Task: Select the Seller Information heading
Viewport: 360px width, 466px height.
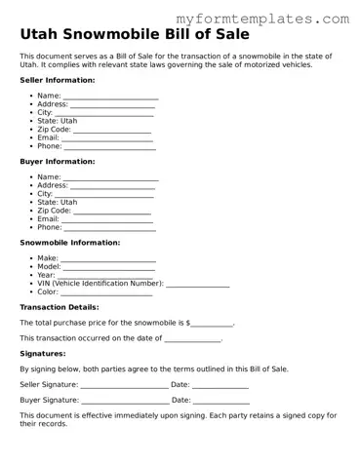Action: (x=58, y=80)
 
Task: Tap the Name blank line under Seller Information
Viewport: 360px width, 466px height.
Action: (x=110, y=97)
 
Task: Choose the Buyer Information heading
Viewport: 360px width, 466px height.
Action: (x=58, y=161)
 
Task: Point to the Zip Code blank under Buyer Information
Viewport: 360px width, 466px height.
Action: (x=112, y=210)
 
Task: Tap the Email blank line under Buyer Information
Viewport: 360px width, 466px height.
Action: (x=107, y=218)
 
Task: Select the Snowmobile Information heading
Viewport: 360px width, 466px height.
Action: (x=70, y=242)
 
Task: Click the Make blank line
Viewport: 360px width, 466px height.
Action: (x=108, y=259)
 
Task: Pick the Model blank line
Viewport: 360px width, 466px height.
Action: (x=109, y=267)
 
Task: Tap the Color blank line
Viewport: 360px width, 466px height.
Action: (x=107, y=292)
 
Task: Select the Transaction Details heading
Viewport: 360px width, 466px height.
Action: (x=60, y=307)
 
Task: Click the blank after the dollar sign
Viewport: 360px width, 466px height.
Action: (x=212, y=323)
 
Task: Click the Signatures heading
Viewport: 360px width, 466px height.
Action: (x=43, y=354)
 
